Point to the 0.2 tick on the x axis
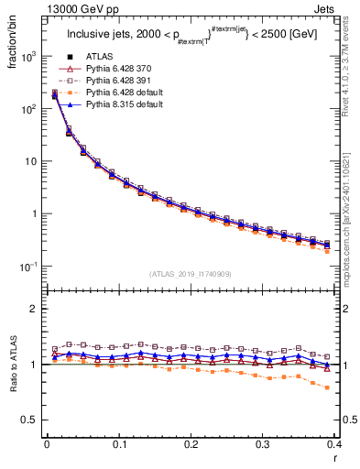[191, 445]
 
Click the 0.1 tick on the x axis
[119, 445]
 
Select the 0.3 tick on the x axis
[263, 445]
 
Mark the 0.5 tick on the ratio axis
[33, 420]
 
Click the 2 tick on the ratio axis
[38, 309]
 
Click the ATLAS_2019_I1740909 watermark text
[191, 274]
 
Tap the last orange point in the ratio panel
[328, 387]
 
